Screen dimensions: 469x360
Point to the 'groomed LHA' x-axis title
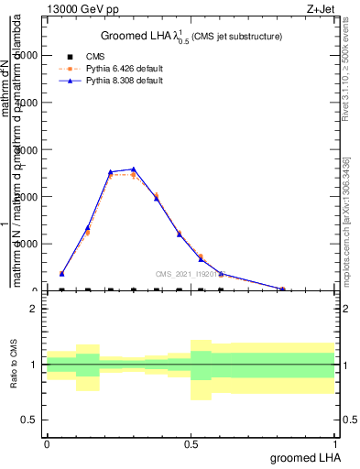point(303,457)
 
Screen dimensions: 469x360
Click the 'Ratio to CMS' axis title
point(14,365)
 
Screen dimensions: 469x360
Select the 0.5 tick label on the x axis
point(191,443)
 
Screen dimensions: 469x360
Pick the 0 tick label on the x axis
point(47,443)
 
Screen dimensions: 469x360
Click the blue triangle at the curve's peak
point(134,169)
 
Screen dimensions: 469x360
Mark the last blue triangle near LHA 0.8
point(283,289)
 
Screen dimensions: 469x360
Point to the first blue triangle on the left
point(61,273)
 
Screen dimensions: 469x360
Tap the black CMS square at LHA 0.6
point(221,290)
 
